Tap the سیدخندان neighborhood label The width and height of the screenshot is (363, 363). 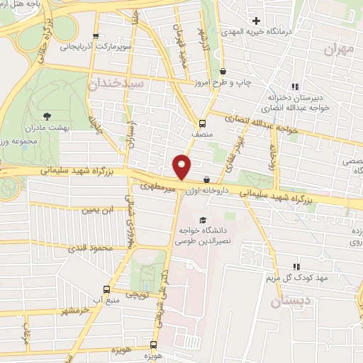pos(116,84)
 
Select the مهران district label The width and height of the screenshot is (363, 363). pos(337,49)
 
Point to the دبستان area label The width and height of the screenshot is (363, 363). pos(290,301)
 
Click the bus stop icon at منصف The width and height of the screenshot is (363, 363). pos(203,121)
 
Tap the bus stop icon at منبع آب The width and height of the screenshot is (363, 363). pos(106,289)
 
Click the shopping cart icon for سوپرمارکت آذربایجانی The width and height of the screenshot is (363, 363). pos(96,35)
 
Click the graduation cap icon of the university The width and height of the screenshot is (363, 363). pos(203,220)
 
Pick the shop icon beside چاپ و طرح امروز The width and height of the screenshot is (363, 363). pos(223,71)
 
